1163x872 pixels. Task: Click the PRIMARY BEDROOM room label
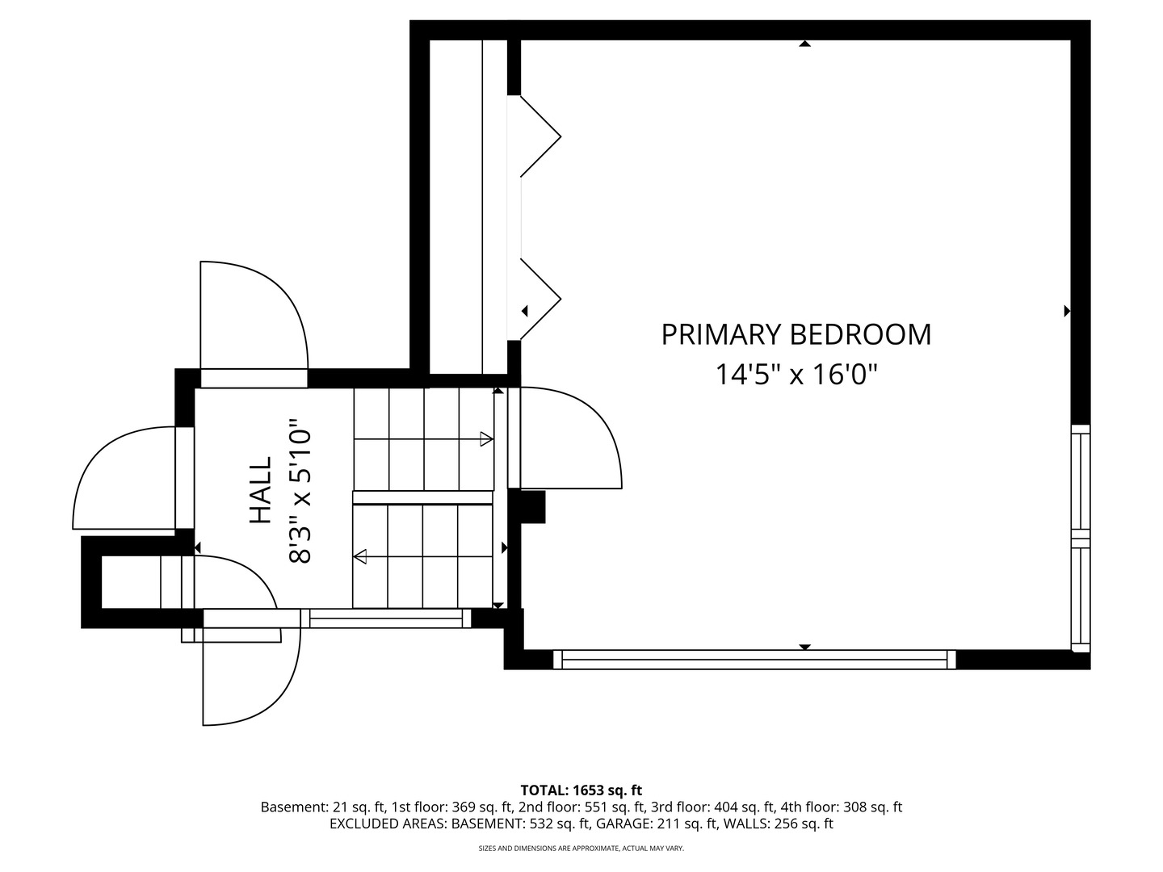tap(796, 334)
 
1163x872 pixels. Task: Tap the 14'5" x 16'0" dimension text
tap(796, 375)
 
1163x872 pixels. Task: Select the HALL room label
tap(261, 490)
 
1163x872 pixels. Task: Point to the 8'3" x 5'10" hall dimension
tap(299, 492)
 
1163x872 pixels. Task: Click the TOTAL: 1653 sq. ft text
tap(581, 790)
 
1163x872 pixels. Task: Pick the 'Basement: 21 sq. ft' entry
tap(323, 807)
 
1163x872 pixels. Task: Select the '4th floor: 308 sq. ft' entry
tap(841, 807)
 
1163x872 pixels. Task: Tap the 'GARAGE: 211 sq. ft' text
tap(657, 824)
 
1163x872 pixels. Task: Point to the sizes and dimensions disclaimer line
tap(581, 848)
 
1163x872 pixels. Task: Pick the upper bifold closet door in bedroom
tap(540, 136)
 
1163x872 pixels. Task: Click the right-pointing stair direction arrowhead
tap(486, 439)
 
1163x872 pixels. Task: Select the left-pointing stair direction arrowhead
tap(360, 556)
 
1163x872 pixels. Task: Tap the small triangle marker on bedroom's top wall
tap(805, 44)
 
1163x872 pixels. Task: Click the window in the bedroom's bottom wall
tap(754, 660)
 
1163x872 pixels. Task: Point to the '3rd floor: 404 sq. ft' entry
tap(713, 807)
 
